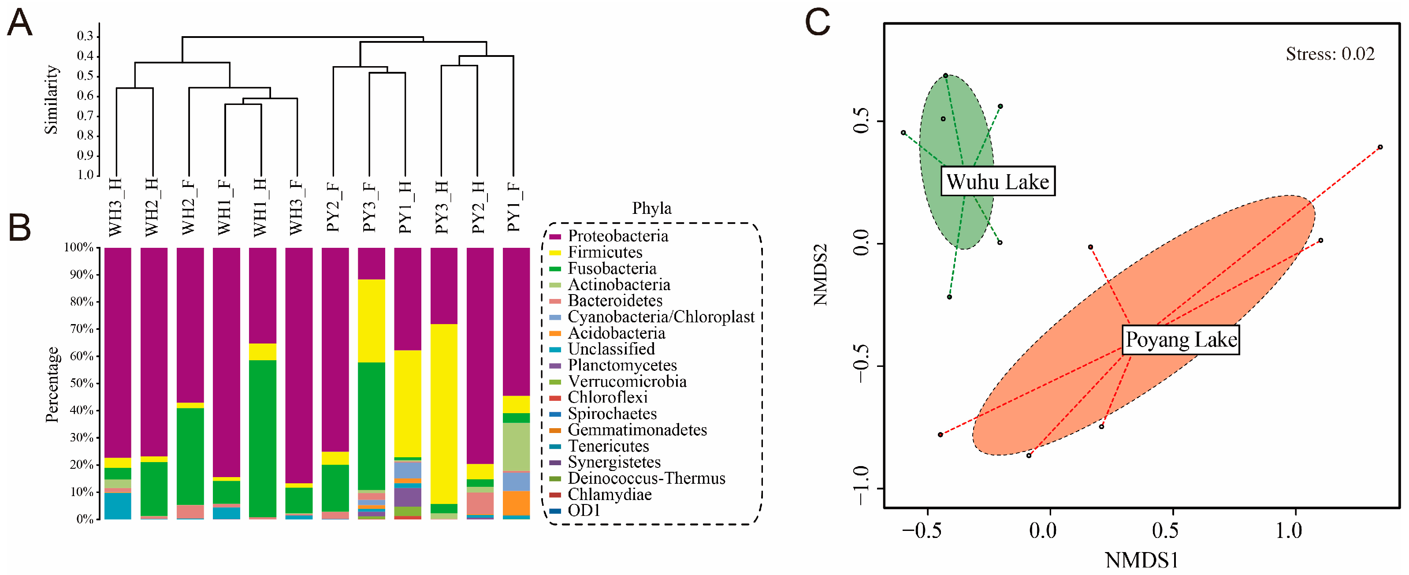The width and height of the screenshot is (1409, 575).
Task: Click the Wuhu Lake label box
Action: pos(997,181)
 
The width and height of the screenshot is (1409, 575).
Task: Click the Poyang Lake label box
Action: pos(1180,340)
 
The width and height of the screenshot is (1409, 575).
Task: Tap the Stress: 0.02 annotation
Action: pos(1330,54)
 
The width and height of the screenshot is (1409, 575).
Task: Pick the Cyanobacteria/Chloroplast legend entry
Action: pos(660,317)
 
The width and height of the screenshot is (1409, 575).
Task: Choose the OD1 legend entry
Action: pos(584,511)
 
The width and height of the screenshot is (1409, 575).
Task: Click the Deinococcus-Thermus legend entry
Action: pos(646,478)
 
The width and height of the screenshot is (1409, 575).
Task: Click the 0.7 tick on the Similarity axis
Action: pos(85,116)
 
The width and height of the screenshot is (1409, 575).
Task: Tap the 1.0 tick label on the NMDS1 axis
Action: pos(1289,530)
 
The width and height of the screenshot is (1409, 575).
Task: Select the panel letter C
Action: pos(818,23)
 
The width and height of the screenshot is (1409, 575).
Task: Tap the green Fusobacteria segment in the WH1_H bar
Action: pos(263,438)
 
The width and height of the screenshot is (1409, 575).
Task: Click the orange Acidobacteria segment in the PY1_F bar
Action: pos(516,503)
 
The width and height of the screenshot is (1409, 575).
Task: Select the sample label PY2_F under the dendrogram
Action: pos(333,207)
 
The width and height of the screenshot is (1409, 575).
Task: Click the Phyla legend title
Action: pos(651,209)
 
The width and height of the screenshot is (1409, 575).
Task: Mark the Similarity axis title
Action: pos(51,100)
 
